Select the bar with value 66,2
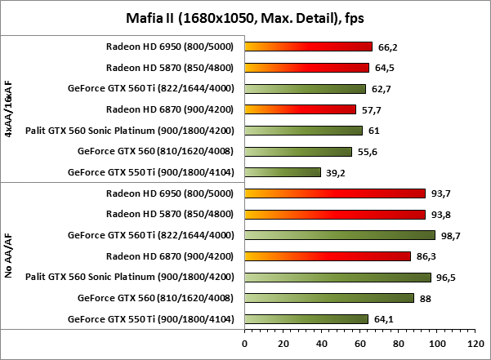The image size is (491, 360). click(x=308, y=47)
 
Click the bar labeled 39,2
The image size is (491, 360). click(x=282, y=172)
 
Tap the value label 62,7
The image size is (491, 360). click(x=382, y=89)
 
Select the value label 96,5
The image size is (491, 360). click(x=447, y=278)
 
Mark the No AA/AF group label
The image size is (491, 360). click(x=8, y=256)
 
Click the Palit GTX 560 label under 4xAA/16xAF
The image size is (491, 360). click(x=130, y=131)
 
